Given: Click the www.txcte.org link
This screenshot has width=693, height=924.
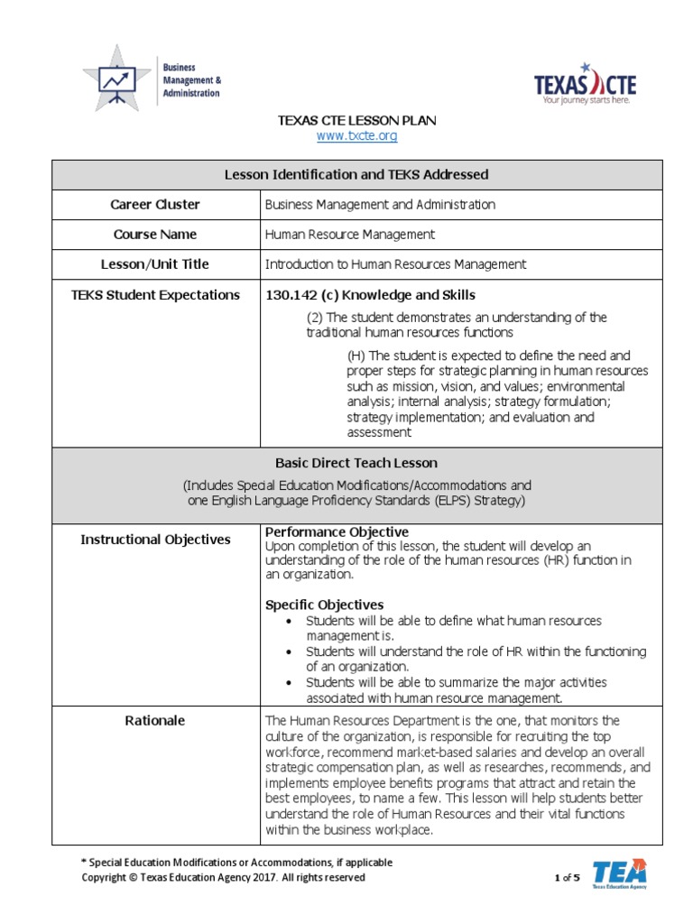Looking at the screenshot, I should pos(356,135).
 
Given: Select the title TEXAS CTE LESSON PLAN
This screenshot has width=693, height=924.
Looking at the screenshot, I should pos(356,120).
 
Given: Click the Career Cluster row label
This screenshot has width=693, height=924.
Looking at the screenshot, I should pos(155,204).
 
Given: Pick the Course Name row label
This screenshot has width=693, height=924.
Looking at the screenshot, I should pos(155,234).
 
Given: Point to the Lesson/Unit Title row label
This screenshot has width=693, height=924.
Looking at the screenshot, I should pos(155,264).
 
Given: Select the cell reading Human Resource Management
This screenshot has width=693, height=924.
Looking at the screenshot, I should pos(349,234).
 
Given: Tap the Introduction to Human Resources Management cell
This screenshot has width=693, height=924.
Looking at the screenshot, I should pos(395,264).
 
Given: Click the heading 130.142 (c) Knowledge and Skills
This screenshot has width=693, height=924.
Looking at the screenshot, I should pos(370,295).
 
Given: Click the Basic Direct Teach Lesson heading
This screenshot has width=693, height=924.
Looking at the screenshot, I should pos(356,463).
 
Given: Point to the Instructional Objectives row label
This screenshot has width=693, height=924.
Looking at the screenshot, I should pos(155,540).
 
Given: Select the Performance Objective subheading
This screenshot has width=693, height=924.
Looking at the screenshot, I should pos(337,531).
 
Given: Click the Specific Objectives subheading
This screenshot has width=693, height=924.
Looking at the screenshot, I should pos(324,605).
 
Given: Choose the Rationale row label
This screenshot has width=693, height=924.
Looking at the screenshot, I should pos(155,720).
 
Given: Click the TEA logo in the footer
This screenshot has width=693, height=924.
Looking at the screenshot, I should pos(619,873).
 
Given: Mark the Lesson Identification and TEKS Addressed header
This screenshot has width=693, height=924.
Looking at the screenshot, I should pos(356,174).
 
